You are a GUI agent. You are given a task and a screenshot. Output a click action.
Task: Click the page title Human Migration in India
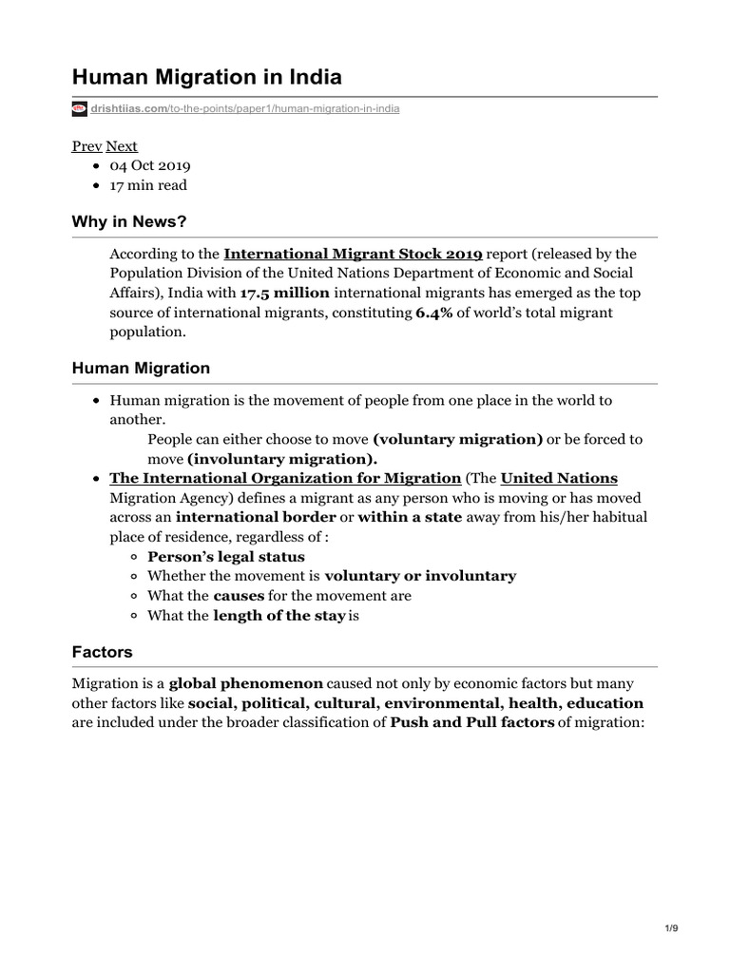pos(207,76)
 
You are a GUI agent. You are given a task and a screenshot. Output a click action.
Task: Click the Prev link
pos(86,146)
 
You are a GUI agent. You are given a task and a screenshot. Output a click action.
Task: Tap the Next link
pos(122,146)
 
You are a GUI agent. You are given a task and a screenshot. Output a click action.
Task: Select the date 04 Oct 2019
pos(156,165)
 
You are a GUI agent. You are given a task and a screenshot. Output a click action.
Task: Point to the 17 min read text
pos(148,185)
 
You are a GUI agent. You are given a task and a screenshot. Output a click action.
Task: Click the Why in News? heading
pos(129,221)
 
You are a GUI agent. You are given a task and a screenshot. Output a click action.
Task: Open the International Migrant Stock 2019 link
pos(353,254)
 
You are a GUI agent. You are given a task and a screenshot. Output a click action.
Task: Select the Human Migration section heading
pos(141,368)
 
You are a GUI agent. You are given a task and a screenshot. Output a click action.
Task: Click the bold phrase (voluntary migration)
pos(458,439)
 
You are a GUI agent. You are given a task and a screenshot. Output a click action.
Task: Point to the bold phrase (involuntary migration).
pos(276,458)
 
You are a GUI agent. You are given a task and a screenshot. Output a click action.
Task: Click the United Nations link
pos(559,478)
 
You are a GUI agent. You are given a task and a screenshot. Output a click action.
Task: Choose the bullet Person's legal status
pos(226,557)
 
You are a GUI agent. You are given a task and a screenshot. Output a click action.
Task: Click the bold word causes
pos(239,596)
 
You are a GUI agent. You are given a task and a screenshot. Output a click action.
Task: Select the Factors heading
pos(103,652)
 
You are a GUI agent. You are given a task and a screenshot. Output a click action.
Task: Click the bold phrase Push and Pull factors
pos(472,723)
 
